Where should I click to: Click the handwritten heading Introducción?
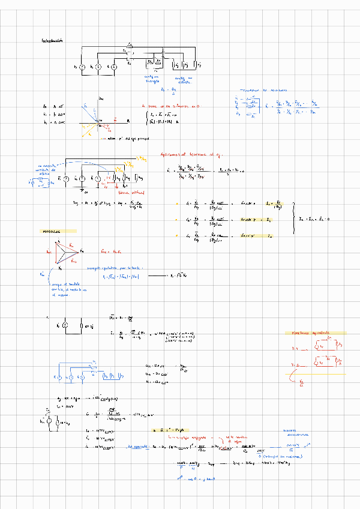52,41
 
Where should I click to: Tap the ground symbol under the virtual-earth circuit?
81,190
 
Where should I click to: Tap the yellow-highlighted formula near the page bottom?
173,430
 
